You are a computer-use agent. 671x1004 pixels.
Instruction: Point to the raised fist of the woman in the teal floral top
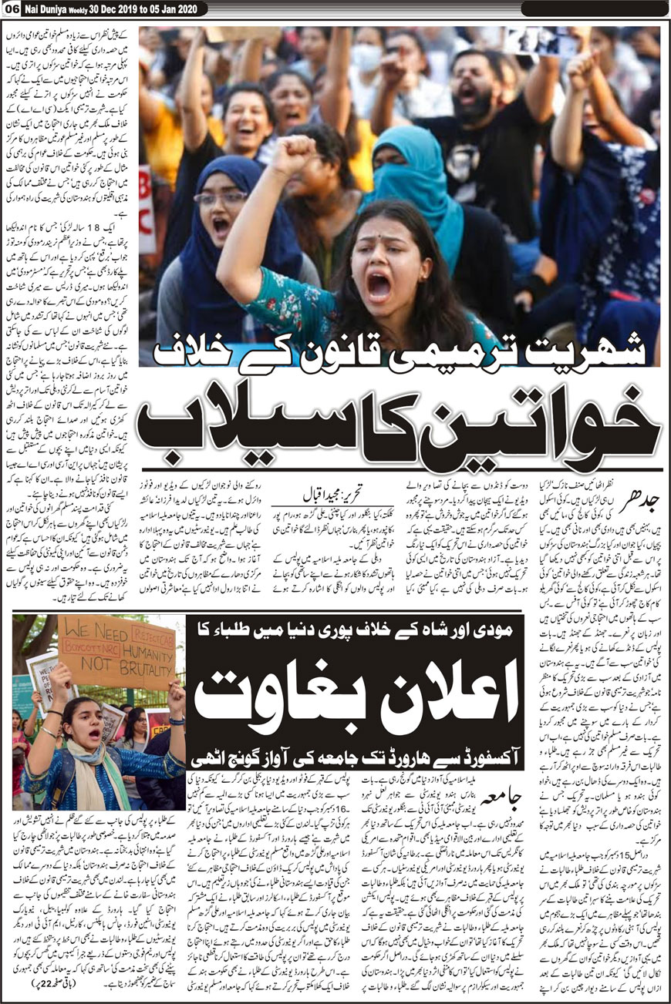click(x=294, y=155)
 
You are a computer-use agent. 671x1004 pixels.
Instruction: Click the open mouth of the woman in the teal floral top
click(x=379, y=286)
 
